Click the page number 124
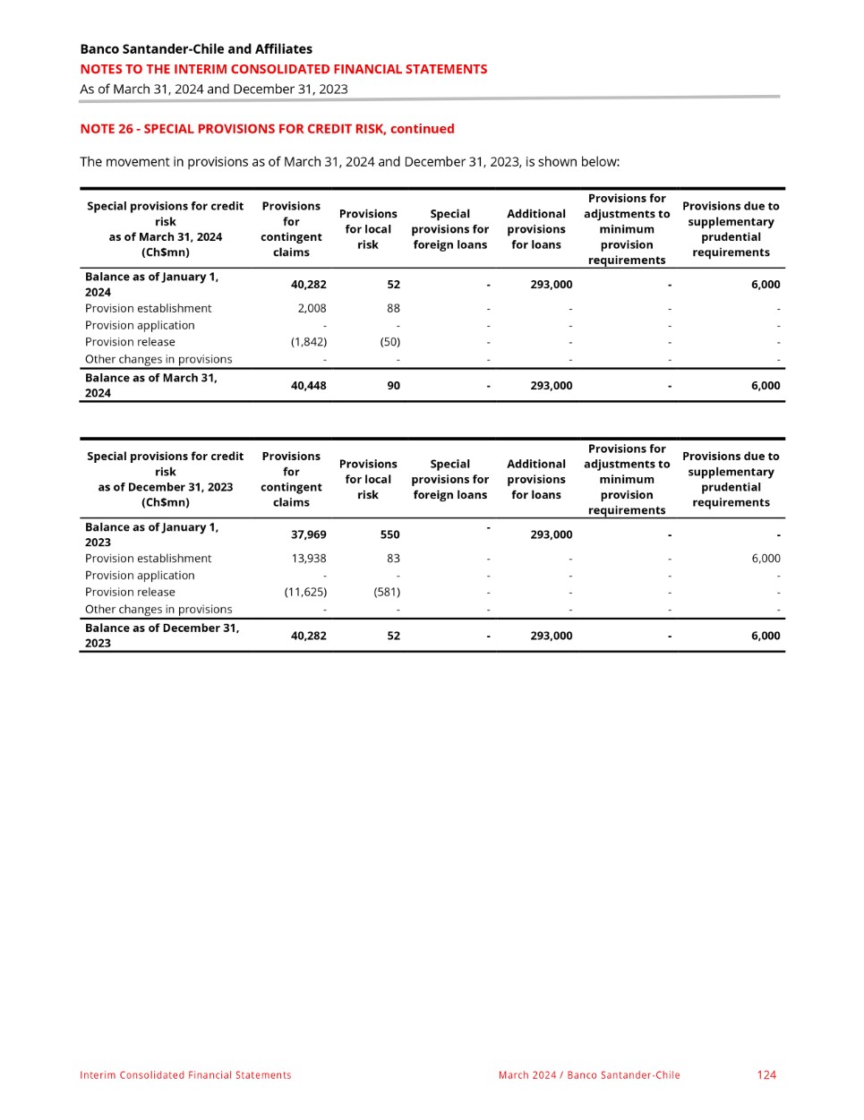click(x=766, y=1075)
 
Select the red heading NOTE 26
click(x=267, y=129)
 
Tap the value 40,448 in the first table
click(x=309, y=386)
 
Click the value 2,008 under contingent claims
click(x=312, y=309)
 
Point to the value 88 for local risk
click(x=393, y=309)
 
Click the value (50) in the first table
click(x=389, y=342)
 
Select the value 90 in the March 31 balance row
click(x=393, y=386)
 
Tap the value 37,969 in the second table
click(x=309, y=534)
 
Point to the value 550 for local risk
click(x=389, y=534)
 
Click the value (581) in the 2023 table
click(x=387, y=592)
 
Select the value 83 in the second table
click(x=393, y=559)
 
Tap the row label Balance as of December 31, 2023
click(x=162, y=636)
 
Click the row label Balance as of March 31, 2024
click(x=151, y=386)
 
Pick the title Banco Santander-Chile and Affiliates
click(x=196, y=49)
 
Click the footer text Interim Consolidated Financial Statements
click(x=185, y=1075)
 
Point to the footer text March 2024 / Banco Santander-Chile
click(x=589, y=1075)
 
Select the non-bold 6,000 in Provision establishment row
click(x=766, y=559)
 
